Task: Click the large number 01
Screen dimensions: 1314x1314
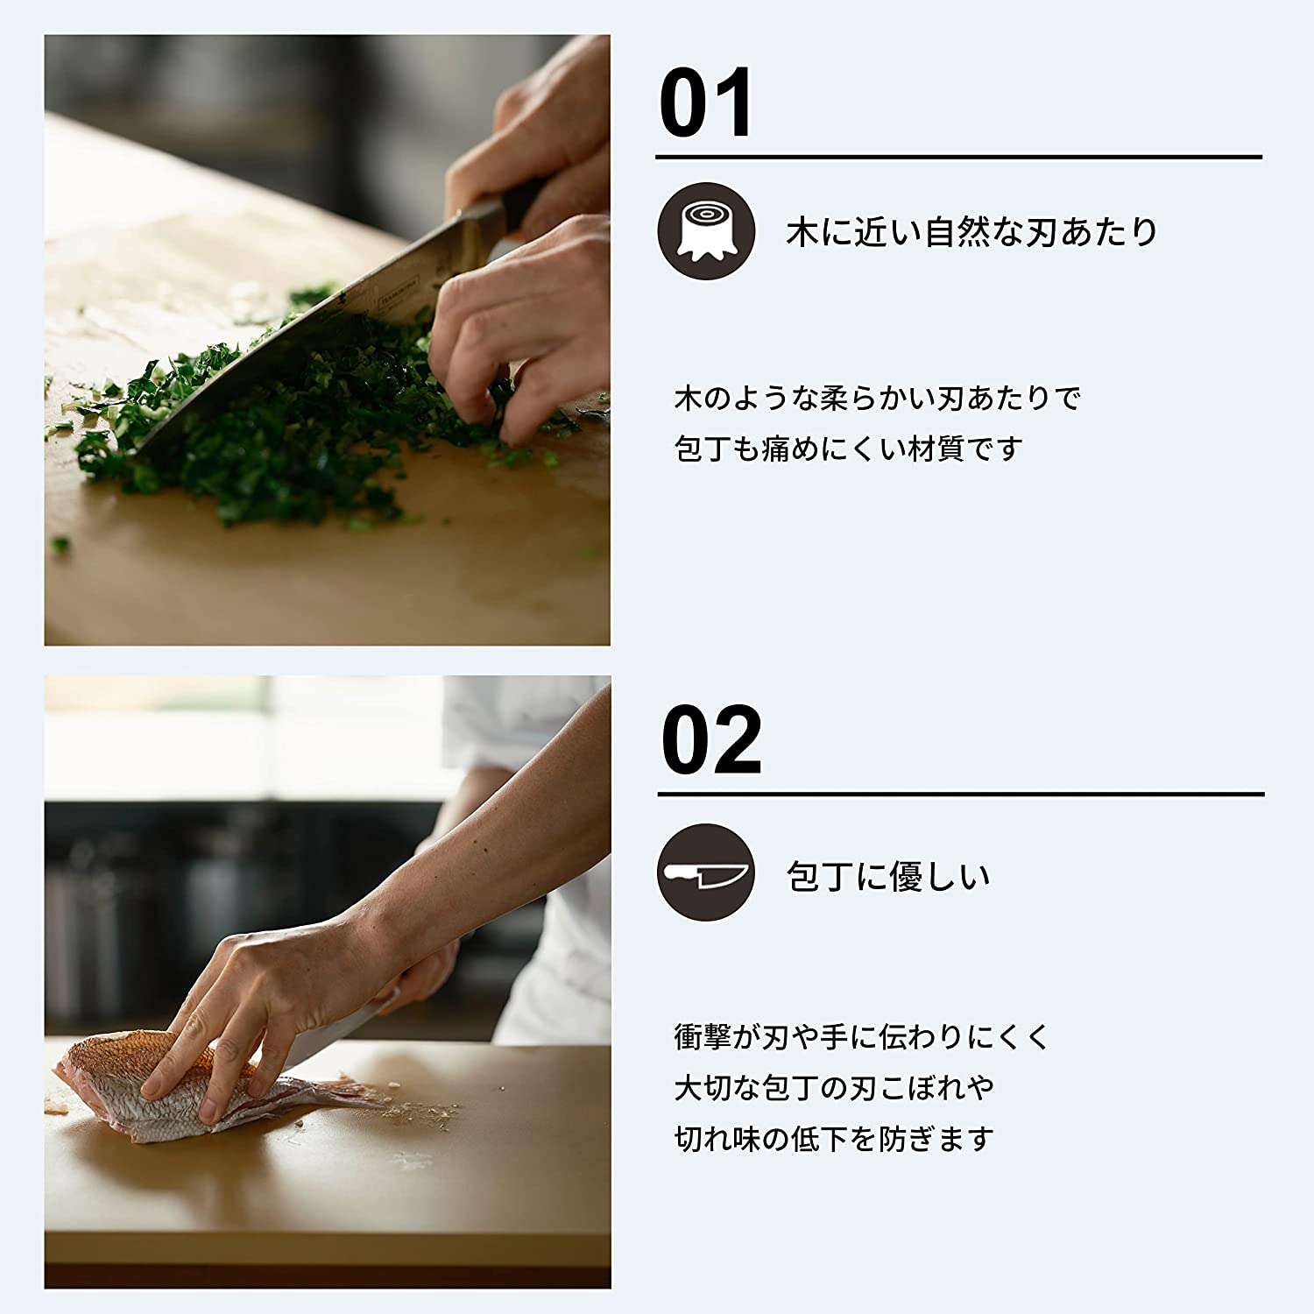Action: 705,103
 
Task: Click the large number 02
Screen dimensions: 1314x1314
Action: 710,740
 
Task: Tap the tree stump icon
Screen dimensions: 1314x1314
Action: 706,231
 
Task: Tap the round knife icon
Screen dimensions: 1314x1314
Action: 706,872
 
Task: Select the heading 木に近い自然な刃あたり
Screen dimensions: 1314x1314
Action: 971,232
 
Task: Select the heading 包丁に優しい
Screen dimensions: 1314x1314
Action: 887,876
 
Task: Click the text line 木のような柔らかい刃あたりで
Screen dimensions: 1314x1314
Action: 878,399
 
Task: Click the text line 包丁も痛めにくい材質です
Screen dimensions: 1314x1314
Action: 848,449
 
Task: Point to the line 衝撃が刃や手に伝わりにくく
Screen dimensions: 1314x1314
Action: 861,1037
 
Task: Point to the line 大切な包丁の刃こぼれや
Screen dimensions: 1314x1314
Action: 834,1088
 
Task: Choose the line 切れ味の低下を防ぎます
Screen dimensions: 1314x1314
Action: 834,1140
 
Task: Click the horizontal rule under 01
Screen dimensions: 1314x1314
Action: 958,158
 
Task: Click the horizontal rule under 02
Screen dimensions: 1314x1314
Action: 960,795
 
